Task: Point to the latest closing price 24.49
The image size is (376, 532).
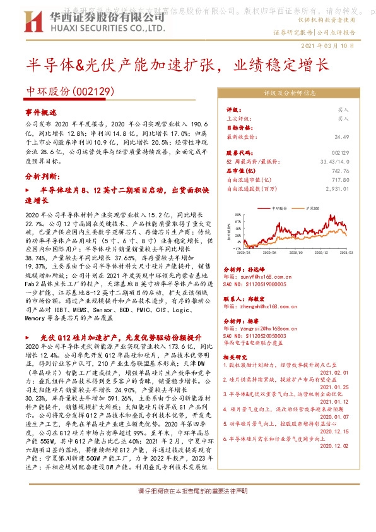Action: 341,136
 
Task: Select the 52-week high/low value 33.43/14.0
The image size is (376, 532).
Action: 335,162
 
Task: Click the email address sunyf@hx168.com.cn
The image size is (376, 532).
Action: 261,276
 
